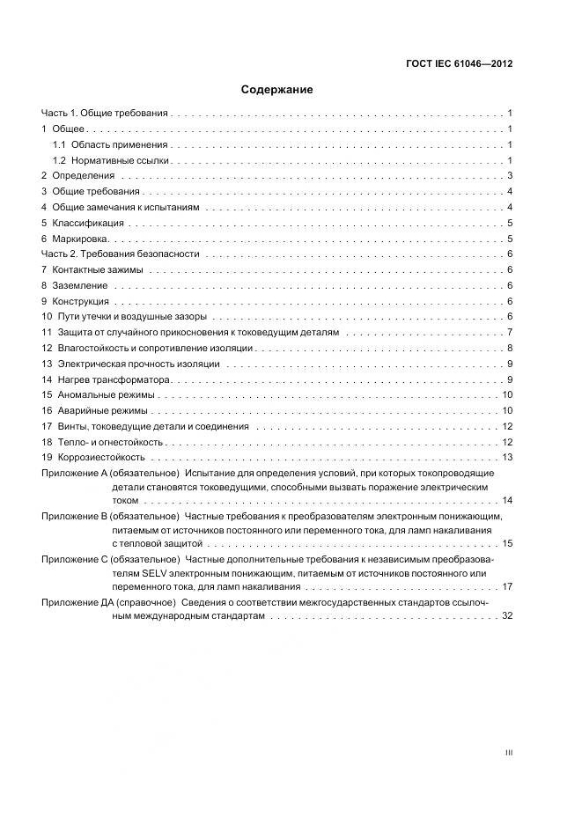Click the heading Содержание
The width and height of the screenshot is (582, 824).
coord(277,90)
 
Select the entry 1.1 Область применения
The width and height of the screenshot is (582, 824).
coord(109,144)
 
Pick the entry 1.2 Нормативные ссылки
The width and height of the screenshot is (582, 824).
coord(110,160)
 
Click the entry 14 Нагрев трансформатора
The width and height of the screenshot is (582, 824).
coord(106,379)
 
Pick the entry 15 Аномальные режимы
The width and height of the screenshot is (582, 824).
coord(103,394)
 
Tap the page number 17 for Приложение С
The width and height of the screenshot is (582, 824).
coord(507,586)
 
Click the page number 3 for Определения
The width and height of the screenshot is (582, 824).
coord(510,176)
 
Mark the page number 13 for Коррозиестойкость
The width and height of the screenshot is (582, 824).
coord(507,457)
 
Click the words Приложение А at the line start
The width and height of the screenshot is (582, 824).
coord(70,473)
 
